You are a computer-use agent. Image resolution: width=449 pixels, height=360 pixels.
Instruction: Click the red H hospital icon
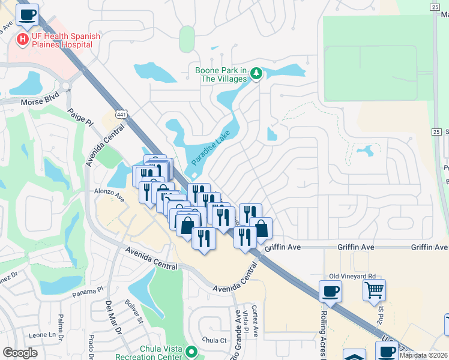[x=22, y=40]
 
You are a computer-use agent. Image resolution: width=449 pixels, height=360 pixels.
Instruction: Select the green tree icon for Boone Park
[x=256, y=74]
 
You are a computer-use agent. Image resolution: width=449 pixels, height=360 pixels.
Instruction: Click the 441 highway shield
[x=122, y=114]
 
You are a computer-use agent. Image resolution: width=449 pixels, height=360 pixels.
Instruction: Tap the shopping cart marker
[x=374, y=290]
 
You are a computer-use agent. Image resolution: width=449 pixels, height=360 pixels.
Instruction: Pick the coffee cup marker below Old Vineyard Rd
[x=330, y=292]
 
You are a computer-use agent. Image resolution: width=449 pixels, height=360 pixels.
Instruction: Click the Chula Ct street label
[x=214, y=340]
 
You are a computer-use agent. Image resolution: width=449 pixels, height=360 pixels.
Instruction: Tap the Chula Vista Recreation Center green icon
[x=191, y=351]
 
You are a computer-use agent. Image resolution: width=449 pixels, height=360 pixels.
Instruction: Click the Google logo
[x=20, y=353]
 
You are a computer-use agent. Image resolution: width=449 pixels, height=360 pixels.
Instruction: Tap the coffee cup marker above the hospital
[x=27, y=15]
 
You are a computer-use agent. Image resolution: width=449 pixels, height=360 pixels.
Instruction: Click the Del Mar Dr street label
[x=113, y=319]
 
